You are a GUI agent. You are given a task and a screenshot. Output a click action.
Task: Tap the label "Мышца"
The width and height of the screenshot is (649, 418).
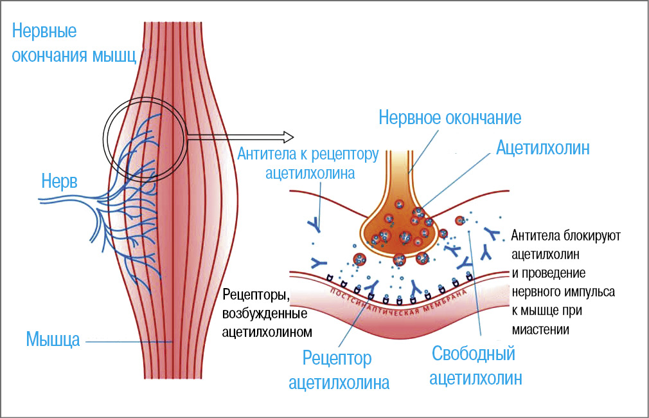pyautogui.click(x=53, y=340)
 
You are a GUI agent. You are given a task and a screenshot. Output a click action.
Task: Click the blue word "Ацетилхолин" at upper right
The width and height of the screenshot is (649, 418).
pyautogui.click(x=542, y=149)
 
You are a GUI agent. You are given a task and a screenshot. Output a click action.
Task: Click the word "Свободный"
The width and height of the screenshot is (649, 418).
pyautogui.click(x=474, y=354)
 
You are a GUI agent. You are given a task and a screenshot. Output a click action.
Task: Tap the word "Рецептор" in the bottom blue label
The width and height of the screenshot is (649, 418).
pyautogui.click(x=337, y=358)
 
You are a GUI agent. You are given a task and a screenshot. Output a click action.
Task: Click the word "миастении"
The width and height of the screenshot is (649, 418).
pyautogui.click(x=541, y=329)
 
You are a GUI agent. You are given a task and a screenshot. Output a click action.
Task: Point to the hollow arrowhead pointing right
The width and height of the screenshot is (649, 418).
pyautogui.click(x=288, y=136)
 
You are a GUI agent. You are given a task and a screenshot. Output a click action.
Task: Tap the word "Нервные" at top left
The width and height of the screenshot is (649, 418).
pyautogui.click(x=44, y=31)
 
